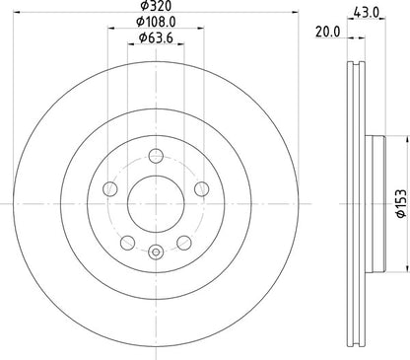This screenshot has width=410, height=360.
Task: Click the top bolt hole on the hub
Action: coord(154,153)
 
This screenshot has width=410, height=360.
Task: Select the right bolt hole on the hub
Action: coord(202,188)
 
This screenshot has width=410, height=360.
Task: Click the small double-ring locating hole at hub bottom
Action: coord(154,253)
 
